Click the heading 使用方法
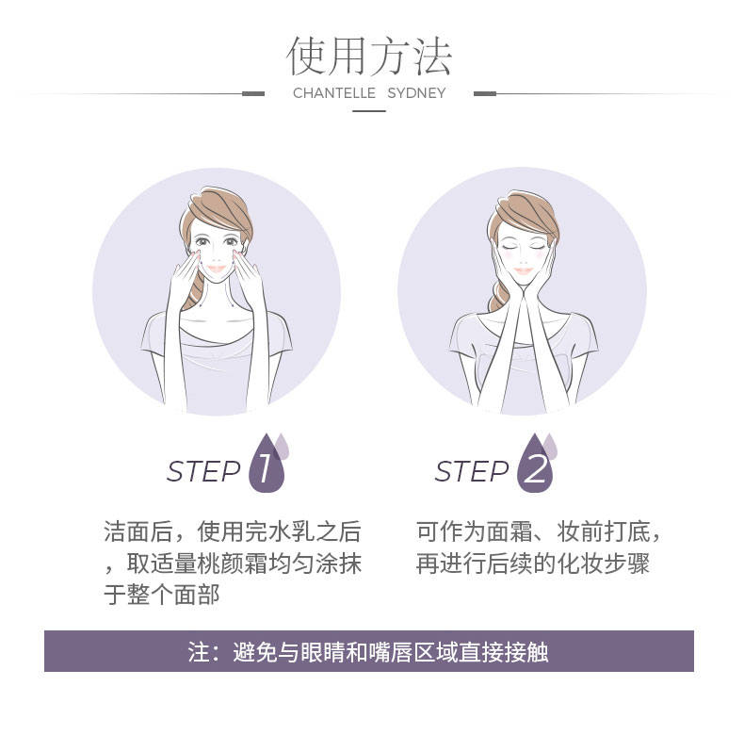tap(368, 57)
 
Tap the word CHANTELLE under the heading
tap(334, 93)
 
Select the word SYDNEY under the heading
tap(416, 93)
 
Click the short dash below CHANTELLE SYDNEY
tap(368, 111)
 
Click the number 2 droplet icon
tap(536, 464)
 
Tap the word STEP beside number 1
tap(203, 471)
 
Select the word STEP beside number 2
tap(472, 471)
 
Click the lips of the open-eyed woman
tap(217, 269)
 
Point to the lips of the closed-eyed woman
tap(523, 271)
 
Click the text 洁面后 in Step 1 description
tap(138, 531)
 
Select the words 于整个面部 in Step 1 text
tap(162, 595)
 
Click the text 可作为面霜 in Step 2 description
tap(475, 531)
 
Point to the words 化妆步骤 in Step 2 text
tap(603, 563)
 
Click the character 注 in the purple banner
tap(199, 652)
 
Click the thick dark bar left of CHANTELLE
tap(253, 93)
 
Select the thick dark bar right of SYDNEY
tap(485, 93)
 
